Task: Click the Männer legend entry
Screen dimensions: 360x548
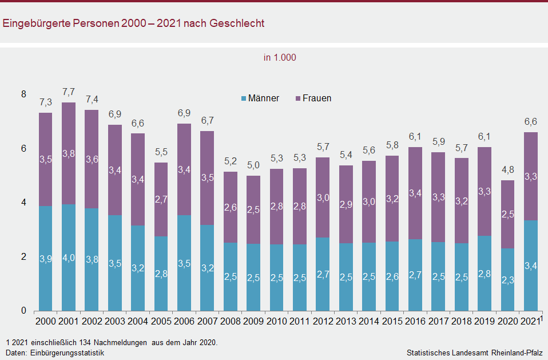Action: click(x=260, y=98)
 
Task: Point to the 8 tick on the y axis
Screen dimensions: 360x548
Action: click(x=23, y=94)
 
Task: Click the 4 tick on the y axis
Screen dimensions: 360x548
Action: click(x=23, y=203)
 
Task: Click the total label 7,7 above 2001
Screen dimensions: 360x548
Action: click(x=69, y=92)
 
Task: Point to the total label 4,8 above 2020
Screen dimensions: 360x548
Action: click(x=508, y=170)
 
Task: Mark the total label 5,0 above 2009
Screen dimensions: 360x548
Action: click(x=253, y=165)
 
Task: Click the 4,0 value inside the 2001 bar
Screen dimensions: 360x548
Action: click(x=69, y=258)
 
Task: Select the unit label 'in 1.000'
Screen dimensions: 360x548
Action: click(x=280, y=58)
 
